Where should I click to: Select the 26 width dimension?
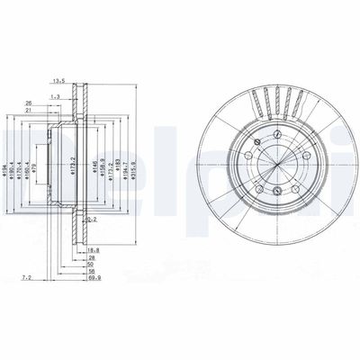[x=30, y=103]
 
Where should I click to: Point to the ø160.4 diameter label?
[x=31, y=160]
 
